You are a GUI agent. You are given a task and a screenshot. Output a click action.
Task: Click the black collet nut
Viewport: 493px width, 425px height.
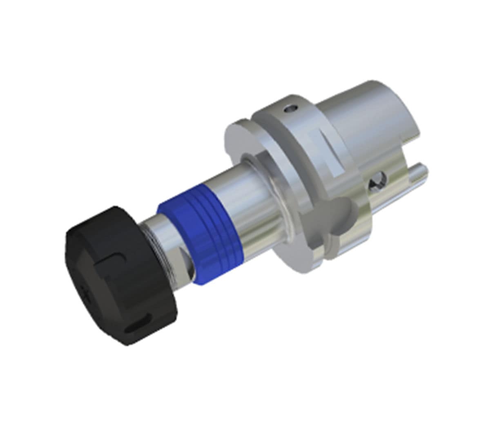click(x=123, y=277)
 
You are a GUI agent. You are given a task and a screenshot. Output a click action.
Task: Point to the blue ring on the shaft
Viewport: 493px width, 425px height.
click(x=200, y=237)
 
